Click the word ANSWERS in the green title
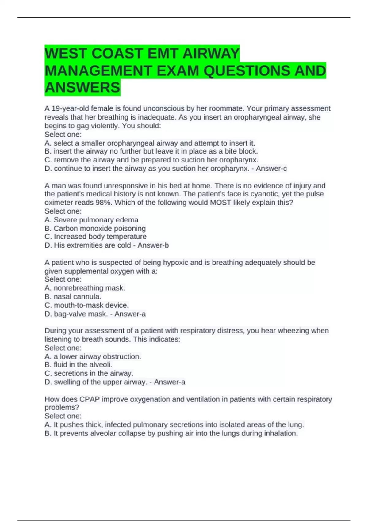point(82,88)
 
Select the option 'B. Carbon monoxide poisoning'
point(95,228)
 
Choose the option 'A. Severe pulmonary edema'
point(91,220)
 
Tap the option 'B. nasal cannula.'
point(73,297)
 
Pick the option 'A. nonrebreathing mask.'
point(85,288)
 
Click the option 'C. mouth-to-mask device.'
point(86,305)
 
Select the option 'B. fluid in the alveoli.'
point(79,365)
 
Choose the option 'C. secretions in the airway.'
point(89,373)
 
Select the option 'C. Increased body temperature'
point(95,237)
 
